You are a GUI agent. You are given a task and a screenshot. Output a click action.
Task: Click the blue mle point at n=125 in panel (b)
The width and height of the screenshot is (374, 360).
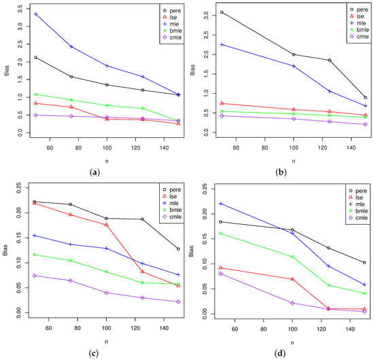[x=329, y=91]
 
